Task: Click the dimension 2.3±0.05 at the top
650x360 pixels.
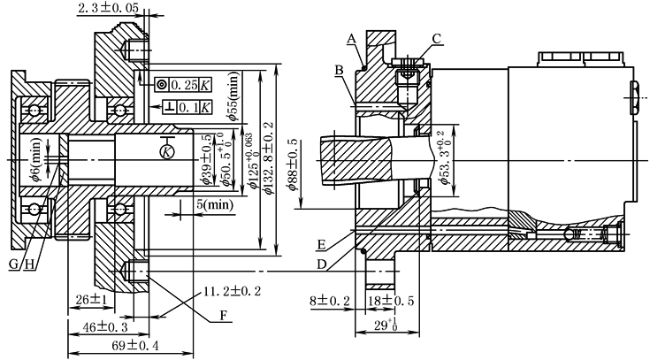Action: (109, 8)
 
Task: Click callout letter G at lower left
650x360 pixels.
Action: (11, 264)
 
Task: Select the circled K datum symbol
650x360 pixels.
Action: (166, 152)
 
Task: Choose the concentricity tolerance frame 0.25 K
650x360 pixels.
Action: (182, 85)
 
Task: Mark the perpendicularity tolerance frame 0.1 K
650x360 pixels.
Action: (182, 107)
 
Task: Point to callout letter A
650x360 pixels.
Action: (351, 39)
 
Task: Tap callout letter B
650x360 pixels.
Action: (338, 68)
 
